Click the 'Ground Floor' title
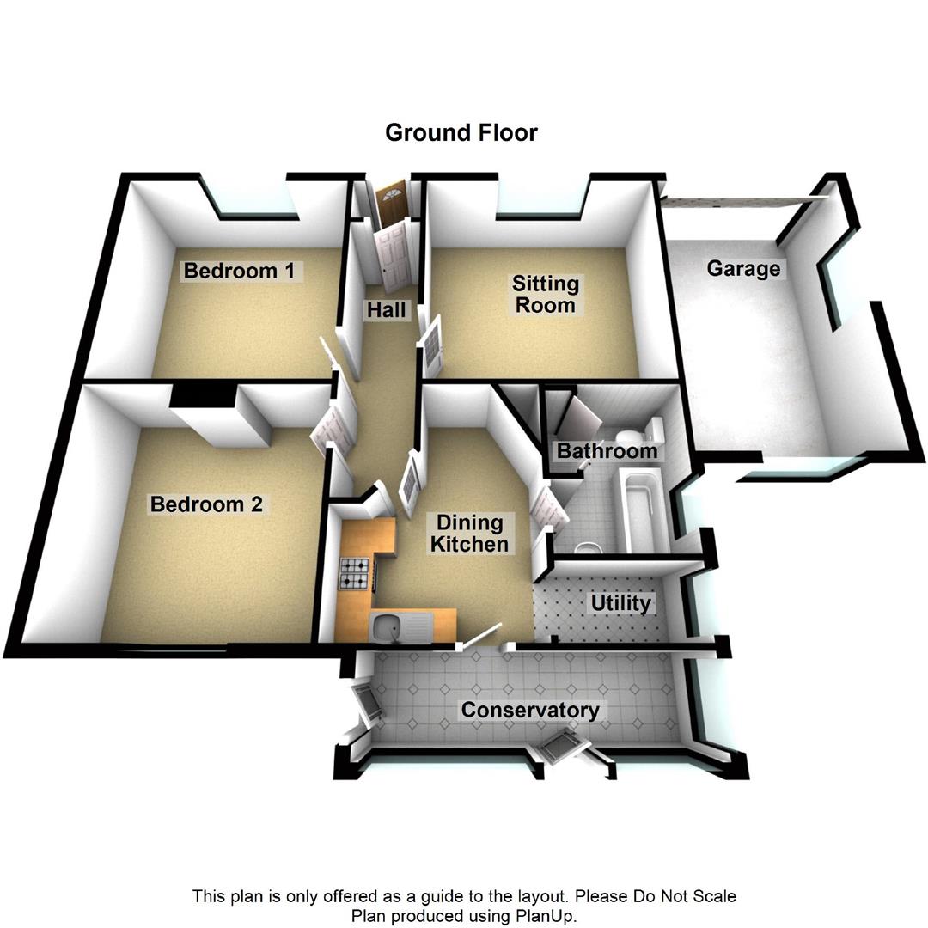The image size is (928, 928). [461, 133]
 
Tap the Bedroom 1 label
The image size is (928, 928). [239, 272]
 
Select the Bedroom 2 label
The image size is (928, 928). [206, 504]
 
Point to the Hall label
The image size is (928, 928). [386, 309]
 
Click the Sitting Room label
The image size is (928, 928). [546, 294]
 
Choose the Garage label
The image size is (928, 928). [743, 269]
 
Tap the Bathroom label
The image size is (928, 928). [607, 450]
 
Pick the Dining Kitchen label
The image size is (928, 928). [469, 534]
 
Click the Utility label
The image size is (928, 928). [620, 603]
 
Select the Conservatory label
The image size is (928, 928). [530, 711]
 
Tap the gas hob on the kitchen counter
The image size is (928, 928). [355, 574]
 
